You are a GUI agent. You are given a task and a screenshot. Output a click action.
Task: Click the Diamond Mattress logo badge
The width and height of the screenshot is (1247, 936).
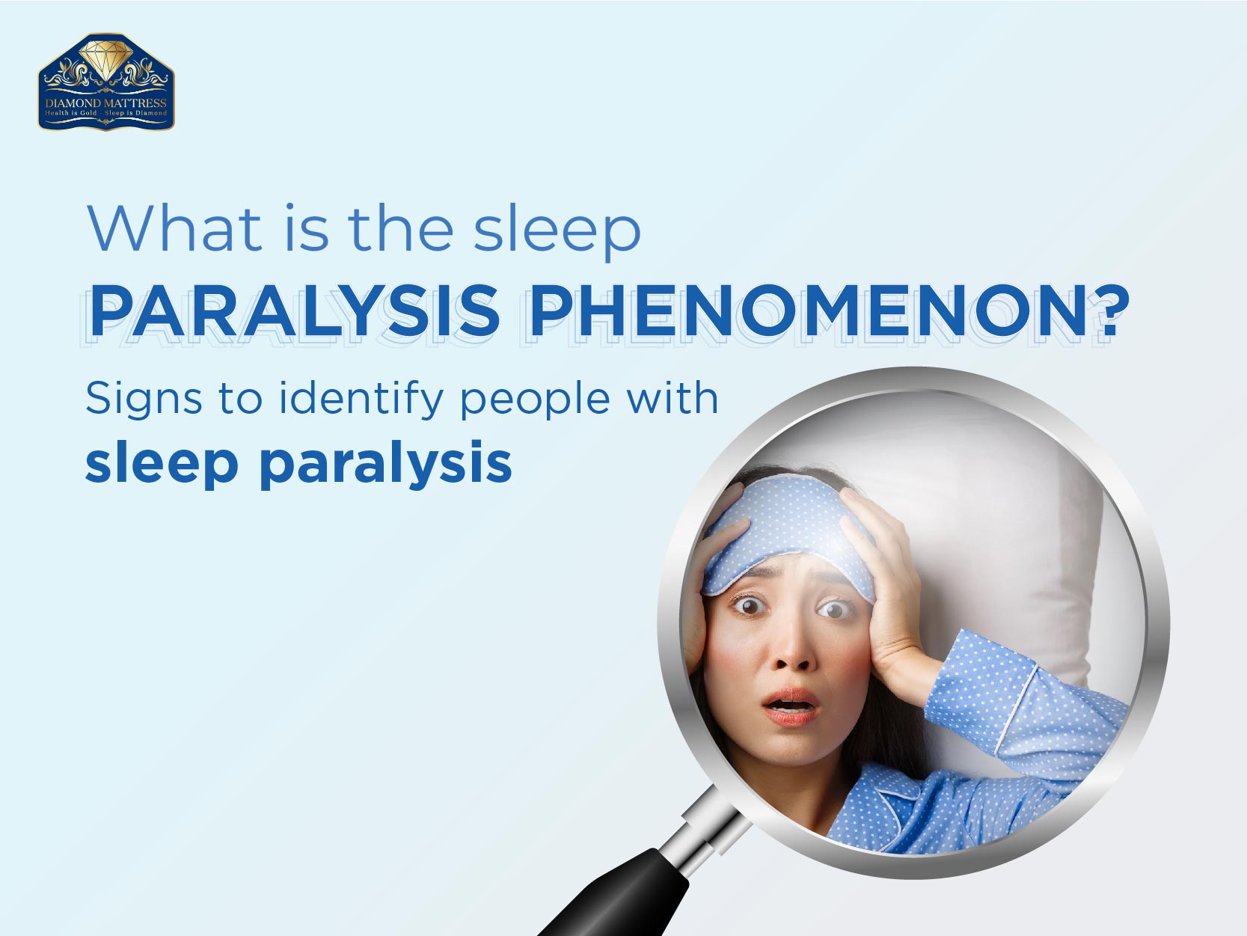[106, 82]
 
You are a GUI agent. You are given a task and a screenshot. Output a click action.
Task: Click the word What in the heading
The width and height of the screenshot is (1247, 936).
[174, 228]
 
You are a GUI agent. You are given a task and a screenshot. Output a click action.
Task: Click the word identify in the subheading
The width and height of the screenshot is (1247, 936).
[361, 400]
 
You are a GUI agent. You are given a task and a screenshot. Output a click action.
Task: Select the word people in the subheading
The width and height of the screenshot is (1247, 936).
[535, 401]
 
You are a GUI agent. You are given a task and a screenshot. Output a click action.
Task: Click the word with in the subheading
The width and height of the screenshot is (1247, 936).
[672, 397]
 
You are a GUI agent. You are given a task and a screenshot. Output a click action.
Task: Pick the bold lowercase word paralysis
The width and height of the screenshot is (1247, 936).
[386, 465]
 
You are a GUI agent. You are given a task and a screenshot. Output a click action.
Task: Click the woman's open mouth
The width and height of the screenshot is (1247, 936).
[791, 706]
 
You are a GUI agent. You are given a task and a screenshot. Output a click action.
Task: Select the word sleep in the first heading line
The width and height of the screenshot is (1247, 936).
[557, 230]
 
